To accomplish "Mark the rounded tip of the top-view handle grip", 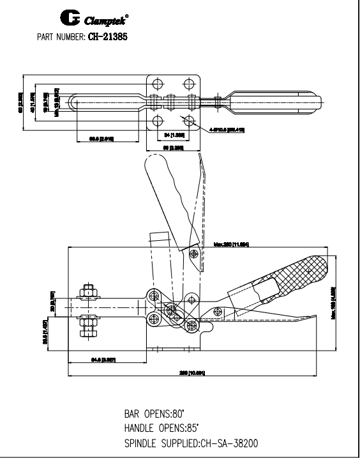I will coord(323,102).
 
